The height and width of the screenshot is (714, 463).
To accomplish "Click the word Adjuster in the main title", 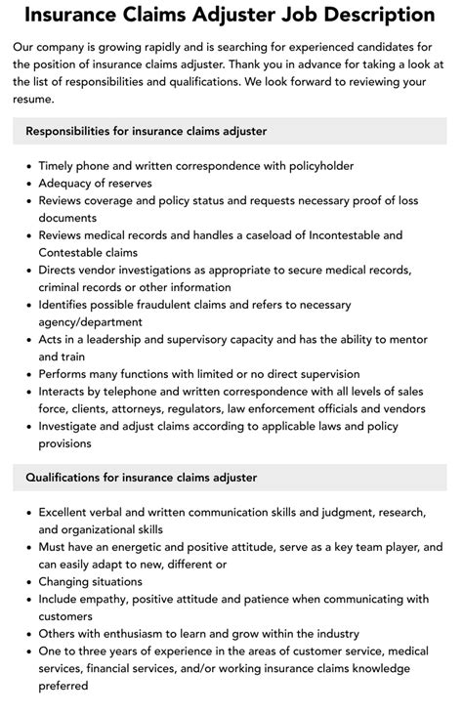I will click(x=261, y=15).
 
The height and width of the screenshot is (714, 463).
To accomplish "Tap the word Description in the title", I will click(x=381, y=15).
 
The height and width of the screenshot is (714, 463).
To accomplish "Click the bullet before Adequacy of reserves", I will click(x=27, y=183).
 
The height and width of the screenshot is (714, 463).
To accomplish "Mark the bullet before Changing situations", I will click(x=27, y=581).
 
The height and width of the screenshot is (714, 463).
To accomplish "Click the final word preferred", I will click(x=63, y=685).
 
